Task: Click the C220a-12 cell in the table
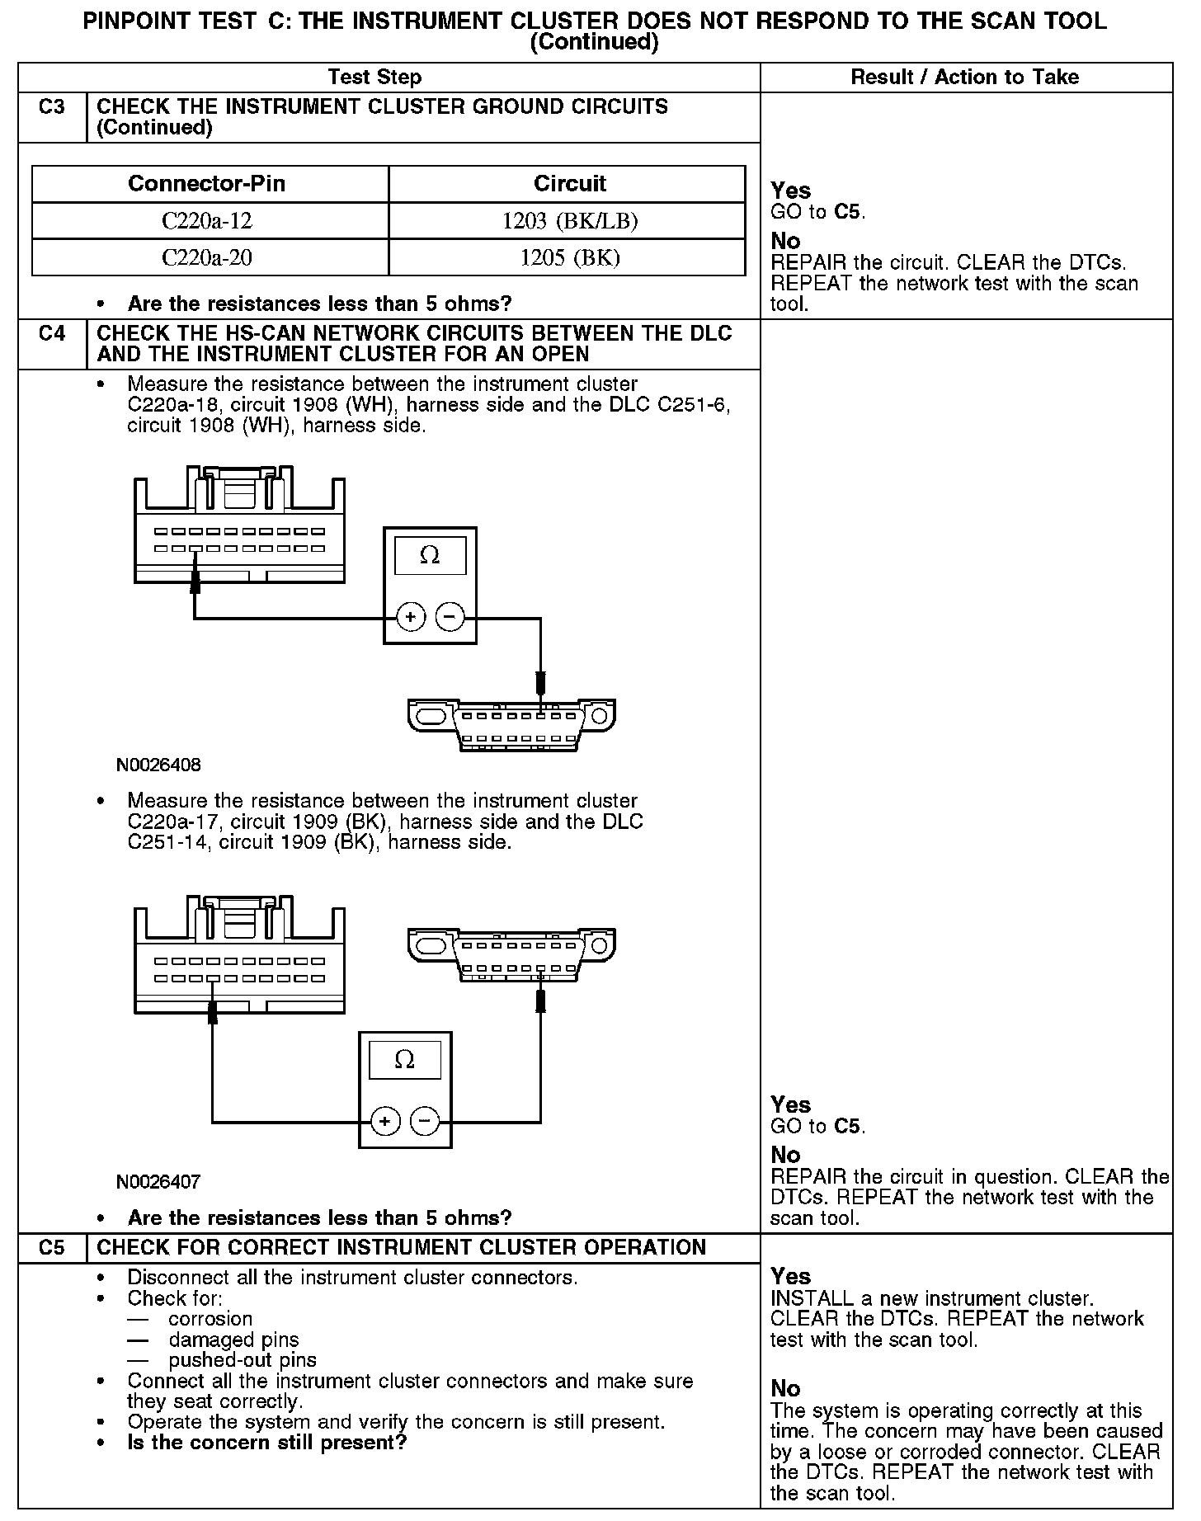coord(207,221)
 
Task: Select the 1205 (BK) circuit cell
coord(569,258)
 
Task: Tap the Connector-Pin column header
coord(207,183)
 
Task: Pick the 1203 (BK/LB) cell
coord(569,221)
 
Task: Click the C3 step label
coord(51,107)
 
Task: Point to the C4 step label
coord(51,334)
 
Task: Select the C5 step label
coord(51,1247)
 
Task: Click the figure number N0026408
coord(158,765)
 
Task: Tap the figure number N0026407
coord(158,1181)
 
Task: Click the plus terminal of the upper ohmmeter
coord(411,616)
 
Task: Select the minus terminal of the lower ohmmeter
coord(425,1121)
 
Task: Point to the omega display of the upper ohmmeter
coord(430,556)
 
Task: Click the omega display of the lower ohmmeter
coord(404,1060)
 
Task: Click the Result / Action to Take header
coord(964,77)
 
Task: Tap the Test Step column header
coord(374,77)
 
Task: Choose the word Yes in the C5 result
coord(791,1276)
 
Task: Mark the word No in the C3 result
coord(785,241)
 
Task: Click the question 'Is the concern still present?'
coord(267,1443)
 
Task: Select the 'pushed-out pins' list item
coord(243,1360)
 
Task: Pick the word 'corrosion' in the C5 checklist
coord(210,1319)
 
